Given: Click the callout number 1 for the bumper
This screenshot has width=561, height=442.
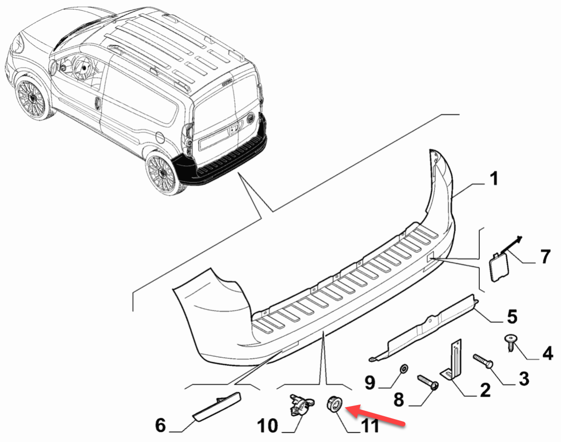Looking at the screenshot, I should click(493, 180).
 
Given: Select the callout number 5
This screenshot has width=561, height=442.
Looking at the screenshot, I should click(512, 317).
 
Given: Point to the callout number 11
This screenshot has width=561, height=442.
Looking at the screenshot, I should click(370, 426).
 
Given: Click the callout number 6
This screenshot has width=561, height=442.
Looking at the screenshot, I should click(160, 425).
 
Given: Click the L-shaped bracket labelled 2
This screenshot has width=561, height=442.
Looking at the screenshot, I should click(454, 360).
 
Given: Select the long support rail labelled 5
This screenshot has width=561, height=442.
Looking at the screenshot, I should click(423, 326).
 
